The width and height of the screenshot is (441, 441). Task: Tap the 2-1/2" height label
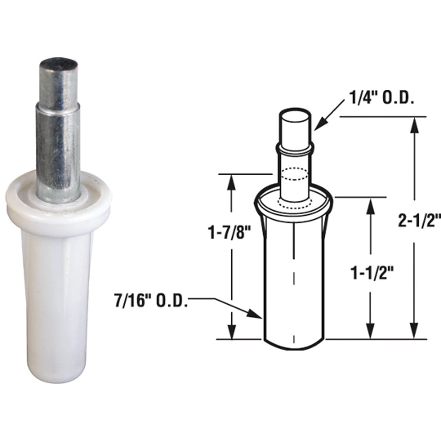(x=419, y=222)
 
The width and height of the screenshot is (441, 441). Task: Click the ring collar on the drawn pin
(x=295, y=148)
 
